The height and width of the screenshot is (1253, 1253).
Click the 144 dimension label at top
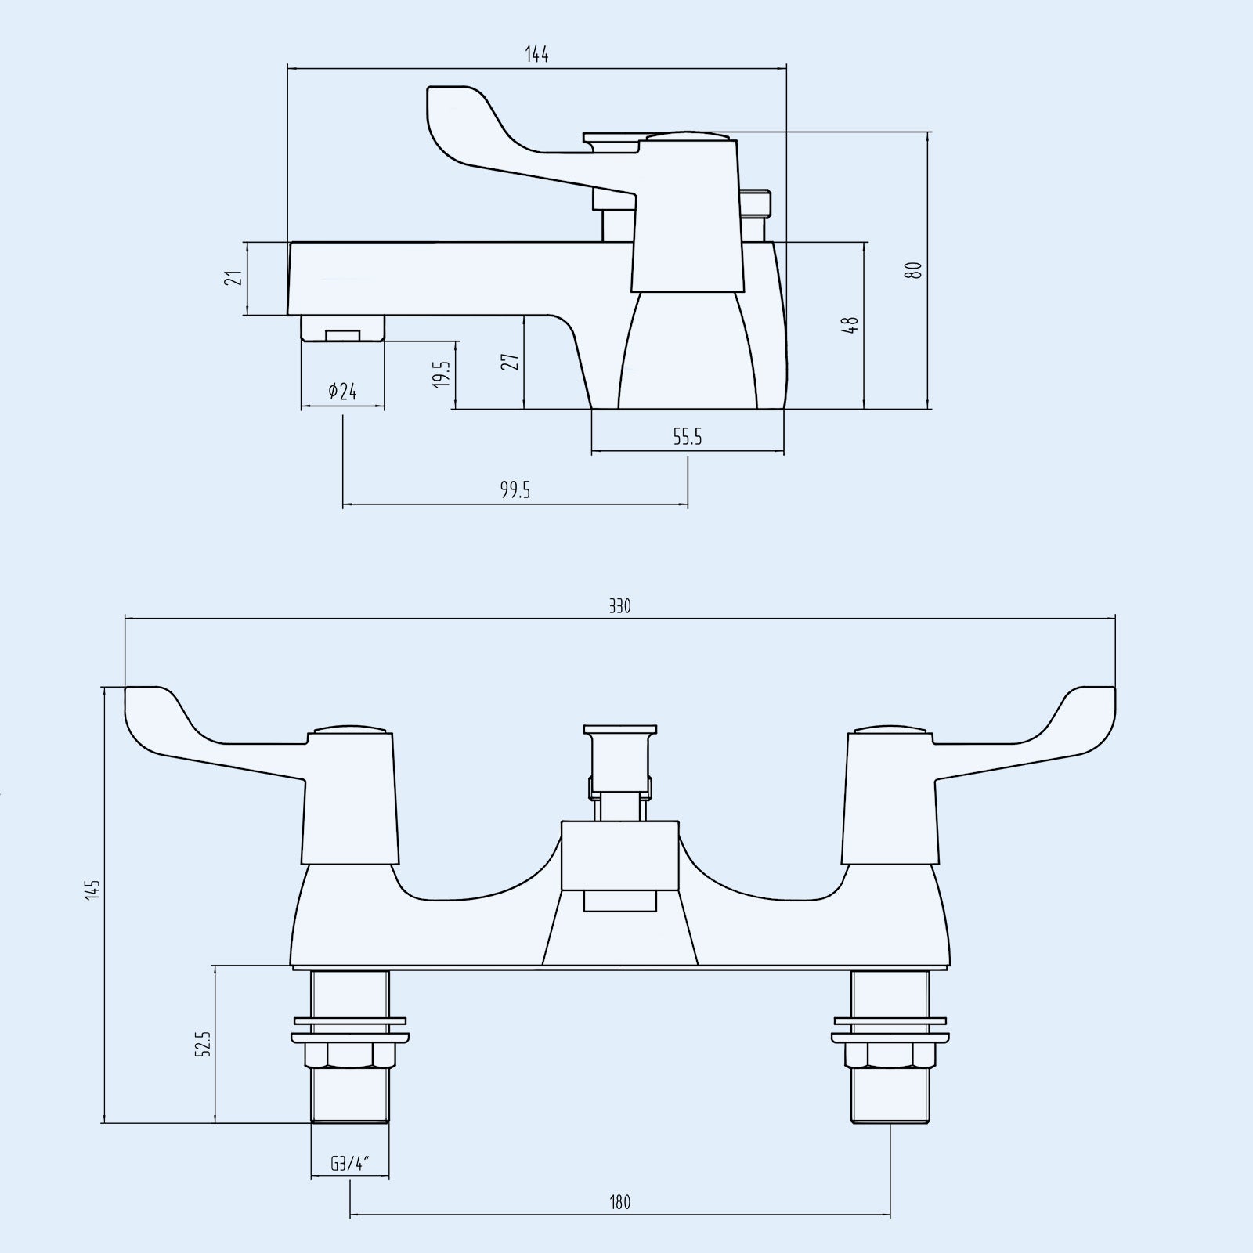pyautogui.click(x=536, y=55)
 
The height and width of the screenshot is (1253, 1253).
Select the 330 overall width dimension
pyautogui.click(x=619, y=606)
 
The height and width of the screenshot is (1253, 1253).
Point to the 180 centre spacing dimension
pyautogui.click(x=619, y=1202)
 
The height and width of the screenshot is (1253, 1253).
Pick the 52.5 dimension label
pyautogui.click(x=203, y=1044)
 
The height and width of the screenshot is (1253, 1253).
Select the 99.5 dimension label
pyautogui.click(x=515, y=490)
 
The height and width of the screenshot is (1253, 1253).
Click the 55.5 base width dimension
pyautogui.click(x=688, y=437)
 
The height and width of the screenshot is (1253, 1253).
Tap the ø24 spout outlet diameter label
pyautogui.click(x=342, y=392)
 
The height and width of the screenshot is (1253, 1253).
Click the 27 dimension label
pyautogui.click(x=511, y=362)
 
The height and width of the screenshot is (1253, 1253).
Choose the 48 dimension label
pyautogui.click(x=850, y=325)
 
